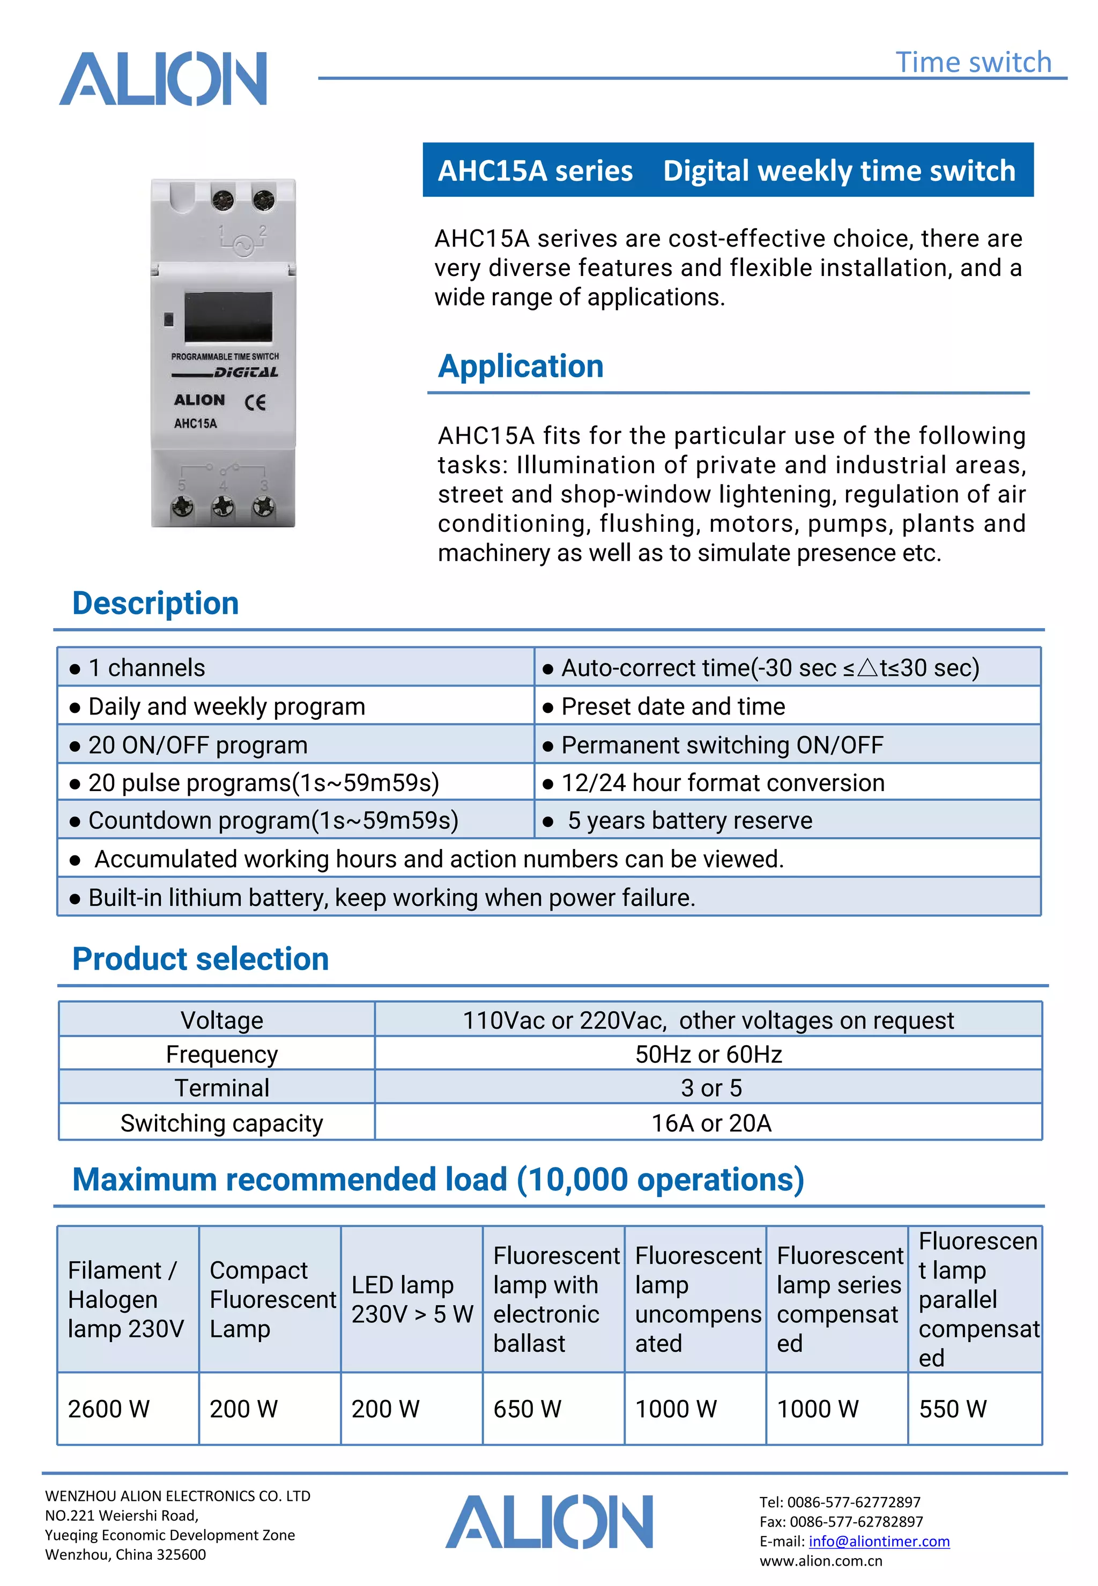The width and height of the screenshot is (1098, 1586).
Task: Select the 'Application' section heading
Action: pos(521,366)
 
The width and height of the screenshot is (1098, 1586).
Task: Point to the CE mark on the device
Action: pos(255,403)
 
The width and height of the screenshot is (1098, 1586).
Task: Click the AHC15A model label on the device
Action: pos(195,423)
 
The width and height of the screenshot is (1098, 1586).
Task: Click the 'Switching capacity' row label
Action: pos(221,1123)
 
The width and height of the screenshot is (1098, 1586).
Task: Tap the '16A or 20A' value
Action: pos(711,1123)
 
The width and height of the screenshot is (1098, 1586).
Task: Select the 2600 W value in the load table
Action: pos(109,1409)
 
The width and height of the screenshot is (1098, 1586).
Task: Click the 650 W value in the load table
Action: pos(527,1409)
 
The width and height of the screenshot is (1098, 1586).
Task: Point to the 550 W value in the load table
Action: pos(952,1409)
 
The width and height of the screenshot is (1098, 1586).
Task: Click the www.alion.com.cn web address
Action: pos(820,1561)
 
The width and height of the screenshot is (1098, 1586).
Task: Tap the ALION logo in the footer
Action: pos(549,1522)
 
